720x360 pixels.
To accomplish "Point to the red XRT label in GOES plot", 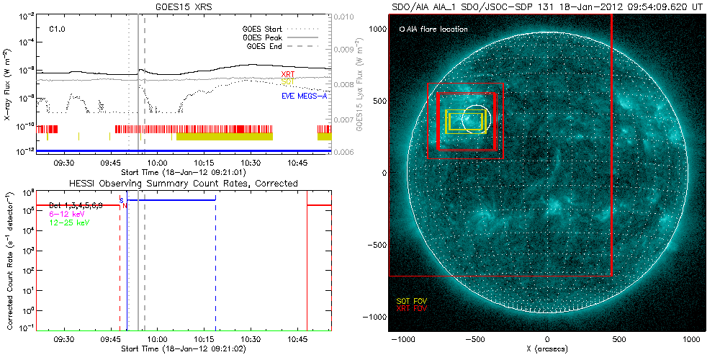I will point(287,75).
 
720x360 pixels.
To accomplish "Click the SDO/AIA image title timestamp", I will point(547,6).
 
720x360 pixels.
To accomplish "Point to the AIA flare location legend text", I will point(433,30).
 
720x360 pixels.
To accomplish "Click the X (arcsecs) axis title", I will point(547,349).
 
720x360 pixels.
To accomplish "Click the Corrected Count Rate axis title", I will point(7,259).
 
